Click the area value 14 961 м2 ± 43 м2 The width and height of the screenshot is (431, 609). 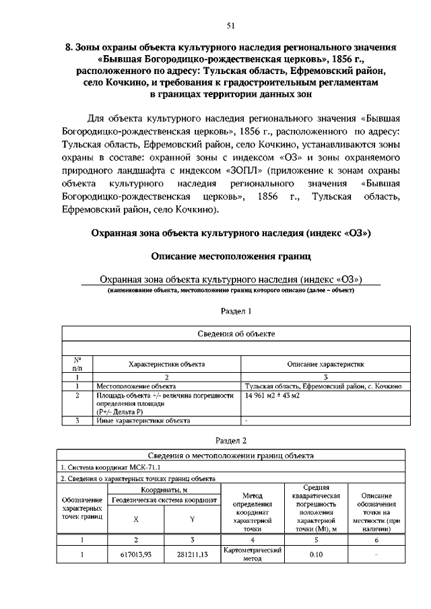(272, 396)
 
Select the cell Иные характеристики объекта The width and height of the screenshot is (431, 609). (143, 421)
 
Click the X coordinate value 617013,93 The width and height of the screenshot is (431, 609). (136, 556)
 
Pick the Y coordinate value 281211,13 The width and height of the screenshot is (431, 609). (192, 556)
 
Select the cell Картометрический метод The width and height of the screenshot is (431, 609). (251, 555)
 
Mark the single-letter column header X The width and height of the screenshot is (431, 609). (136, 519)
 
